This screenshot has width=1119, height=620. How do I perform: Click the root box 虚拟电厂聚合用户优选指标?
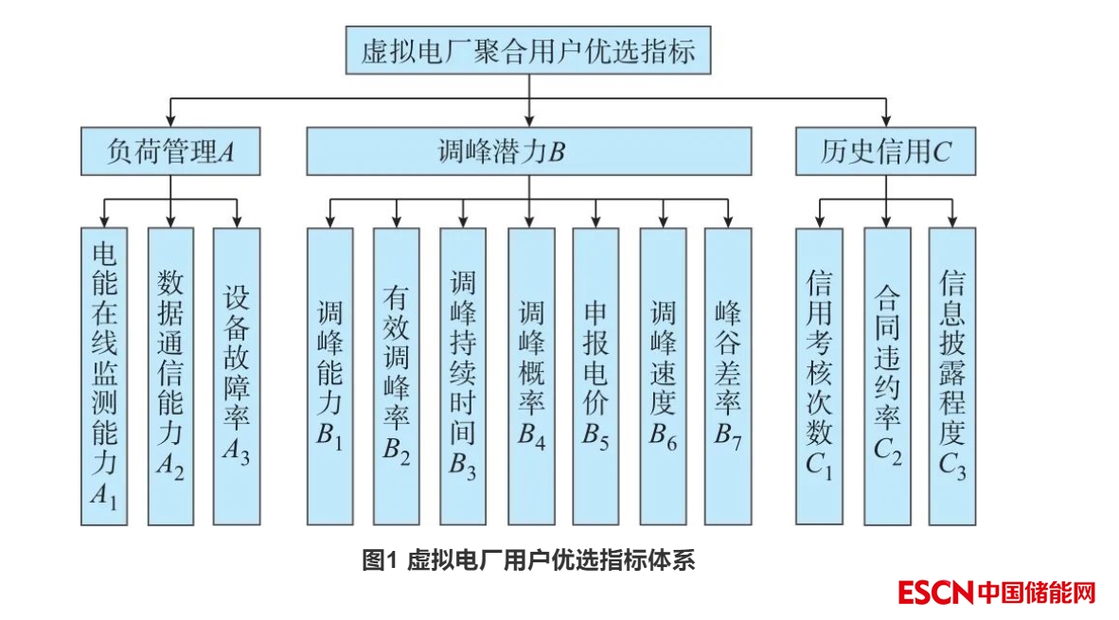click(x=528, y=50)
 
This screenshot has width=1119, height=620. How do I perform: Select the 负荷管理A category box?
click(x=170, y=151)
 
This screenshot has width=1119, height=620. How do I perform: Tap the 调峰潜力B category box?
click(x=528, y=151)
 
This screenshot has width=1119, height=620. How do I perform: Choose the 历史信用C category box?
click(x=885, y=151)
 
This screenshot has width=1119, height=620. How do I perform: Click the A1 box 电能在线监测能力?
click(x=104, y=376)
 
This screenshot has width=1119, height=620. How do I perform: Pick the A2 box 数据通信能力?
click(x=170, y=376)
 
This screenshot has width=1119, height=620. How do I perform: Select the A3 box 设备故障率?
click(x=237, y=376)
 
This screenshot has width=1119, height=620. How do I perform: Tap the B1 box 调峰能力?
click(x=329, y=376)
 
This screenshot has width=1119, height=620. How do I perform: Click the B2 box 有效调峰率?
click(x=396, y=376)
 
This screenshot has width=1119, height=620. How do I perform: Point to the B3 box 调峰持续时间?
click(x=463, y=376)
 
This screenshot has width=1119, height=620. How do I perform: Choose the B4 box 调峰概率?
click(x=531, y=376)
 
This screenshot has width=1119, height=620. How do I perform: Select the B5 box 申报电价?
click(x=595, y=376)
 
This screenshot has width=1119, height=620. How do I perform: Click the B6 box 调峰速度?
click(x=663, y=376)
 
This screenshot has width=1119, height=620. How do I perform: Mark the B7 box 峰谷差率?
click(x=728, y=376)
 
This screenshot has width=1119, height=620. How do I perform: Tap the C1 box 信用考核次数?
click(x=819, y=376)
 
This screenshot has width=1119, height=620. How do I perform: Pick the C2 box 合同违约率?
click(x=887, y=376)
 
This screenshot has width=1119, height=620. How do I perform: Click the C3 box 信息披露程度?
click(x=951, y=376)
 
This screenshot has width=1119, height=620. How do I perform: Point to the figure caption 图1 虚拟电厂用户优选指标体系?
click(x=528, y=560)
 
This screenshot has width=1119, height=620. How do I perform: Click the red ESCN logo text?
click(x=935, y=593)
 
